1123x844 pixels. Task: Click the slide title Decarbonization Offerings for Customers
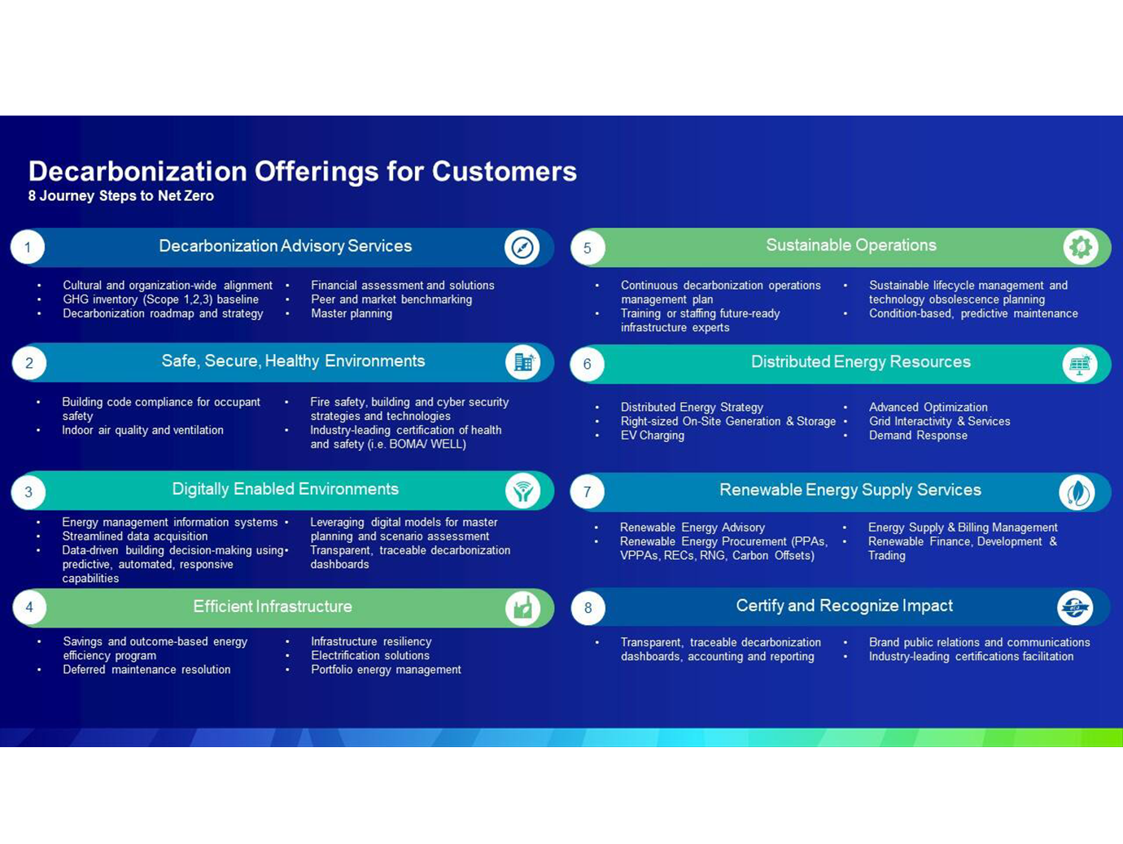(303, 172)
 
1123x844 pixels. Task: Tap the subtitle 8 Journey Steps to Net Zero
(120, 196)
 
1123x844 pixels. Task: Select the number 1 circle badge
(28, 247)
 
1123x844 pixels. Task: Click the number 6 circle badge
(588, 364)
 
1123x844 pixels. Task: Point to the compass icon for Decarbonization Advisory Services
(522, 247)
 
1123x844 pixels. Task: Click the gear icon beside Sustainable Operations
(1080, 247)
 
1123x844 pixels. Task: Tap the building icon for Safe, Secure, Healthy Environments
(523, 362)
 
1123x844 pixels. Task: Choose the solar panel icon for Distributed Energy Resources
(1080, 364)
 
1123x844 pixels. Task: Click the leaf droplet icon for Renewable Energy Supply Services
(1077, 492)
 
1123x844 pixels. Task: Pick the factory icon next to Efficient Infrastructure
(523, 608)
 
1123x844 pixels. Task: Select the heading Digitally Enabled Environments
(286, 489)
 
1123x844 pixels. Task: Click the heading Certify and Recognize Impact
(844, 606)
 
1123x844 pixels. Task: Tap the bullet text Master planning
(352, 313)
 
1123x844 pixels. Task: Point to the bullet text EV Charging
(653, 435)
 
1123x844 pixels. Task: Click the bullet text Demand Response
(918, 435)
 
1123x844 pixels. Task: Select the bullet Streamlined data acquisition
(135, 536)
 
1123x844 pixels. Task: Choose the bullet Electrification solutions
(370, 655)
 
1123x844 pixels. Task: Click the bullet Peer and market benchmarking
(391, 300)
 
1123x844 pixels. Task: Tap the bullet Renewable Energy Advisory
(693, 527)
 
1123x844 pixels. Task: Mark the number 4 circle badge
(29, 607)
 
